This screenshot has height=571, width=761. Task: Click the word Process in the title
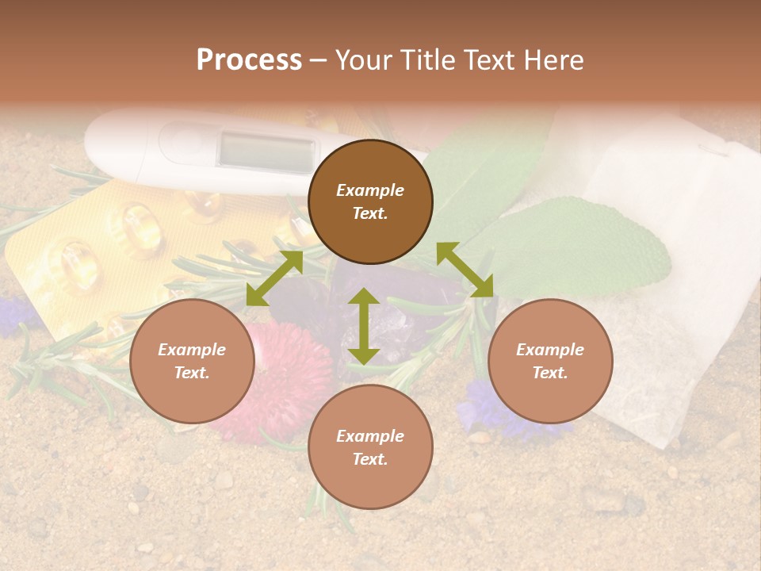point(249,60)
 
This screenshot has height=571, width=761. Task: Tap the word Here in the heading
point(552,60)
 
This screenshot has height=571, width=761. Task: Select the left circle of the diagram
point(192,362)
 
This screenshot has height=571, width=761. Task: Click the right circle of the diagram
point(550,362)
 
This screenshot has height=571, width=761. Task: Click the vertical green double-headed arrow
point(364,327)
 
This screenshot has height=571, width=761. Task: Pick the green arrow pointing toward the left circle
point(274,278)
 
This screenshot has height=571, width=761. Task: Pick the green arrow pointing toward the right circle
point(465,270)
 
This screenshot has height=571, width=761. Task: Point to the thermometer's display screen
point(266,151)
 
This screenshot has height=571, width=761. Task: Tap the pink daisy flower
point(289,381)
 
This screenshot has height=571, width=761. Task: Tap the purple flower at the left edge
point(16,314)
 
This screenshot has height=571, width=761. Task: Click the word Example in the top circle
point(370,190)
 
